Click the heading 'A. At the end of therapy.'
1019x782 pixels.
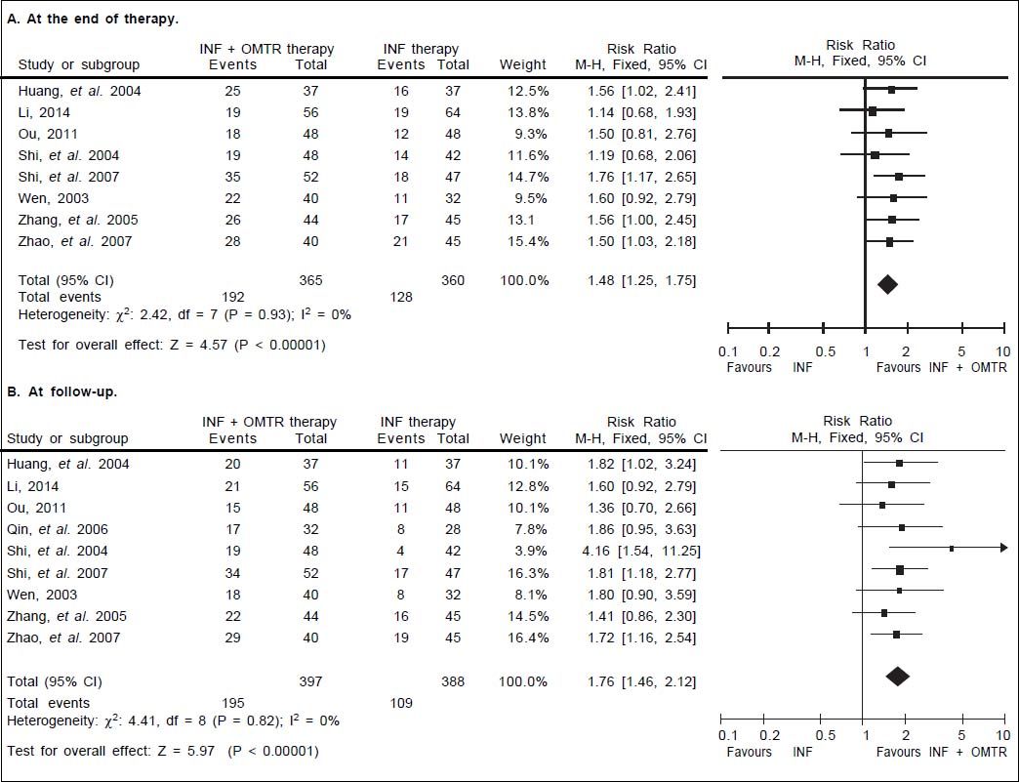click(86, 20)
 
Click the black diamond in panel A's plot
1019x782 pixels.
click(886, 284)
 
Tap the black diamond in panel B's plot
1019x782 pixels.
click(896, 676)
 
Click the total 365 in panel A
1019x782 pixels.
click(311, 280)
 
